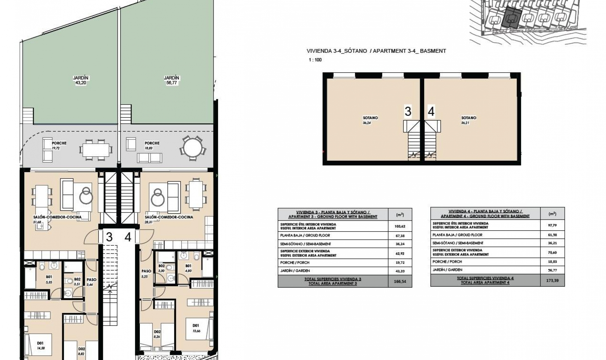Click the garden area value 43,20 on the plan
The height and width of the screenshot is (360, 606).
pyautogui.click(x=80, y=83)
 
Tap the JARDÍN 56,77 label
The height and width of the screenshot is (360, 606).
pyautogui.click(x=171, y=80)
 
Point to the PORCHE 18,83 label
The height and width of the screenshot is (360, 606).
pyautogui.click(x=152, y=145)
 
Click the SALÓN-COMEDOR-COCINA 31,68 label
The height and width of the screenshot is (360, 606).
pyautogui.click(x=57, y=219)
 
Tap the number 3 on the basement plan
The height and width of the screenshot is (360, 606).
pyautogui.click(x=408, y=111)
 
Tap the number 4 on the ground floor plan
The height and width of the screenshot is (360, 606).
pyautogui.click(x=128, y=237)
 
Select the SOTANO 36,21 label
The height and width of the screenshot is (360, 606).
pyautogui.click(x=468, y=120)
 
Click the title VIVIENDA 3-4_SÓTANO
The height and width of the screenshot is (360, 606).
pyautogui.click(x=336, y=51)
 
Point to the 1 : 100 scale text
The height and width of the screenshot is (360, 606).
pyautogui.click(x=315, y=60)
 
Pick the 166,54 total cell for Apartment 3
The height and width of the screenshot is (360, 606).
pyautogui.click(x=400, y=281)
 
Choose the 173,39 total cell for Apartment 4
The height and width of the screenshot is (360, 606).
pyautogui.click(x=552, y=280)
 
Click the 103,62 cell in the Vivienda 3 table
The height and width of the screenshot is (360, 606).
pyautogui.click(x=400, y=226)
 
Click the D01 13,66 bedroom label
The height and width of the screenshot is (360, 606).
pyautogui.click(x=196, y=328)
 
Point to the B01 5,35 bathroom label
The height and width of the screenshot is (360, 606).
pyautogui.click(x=49, y=279)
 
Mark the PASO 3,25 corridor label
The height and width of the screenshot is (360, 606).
pyautogui.click(x=146, y=273)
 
